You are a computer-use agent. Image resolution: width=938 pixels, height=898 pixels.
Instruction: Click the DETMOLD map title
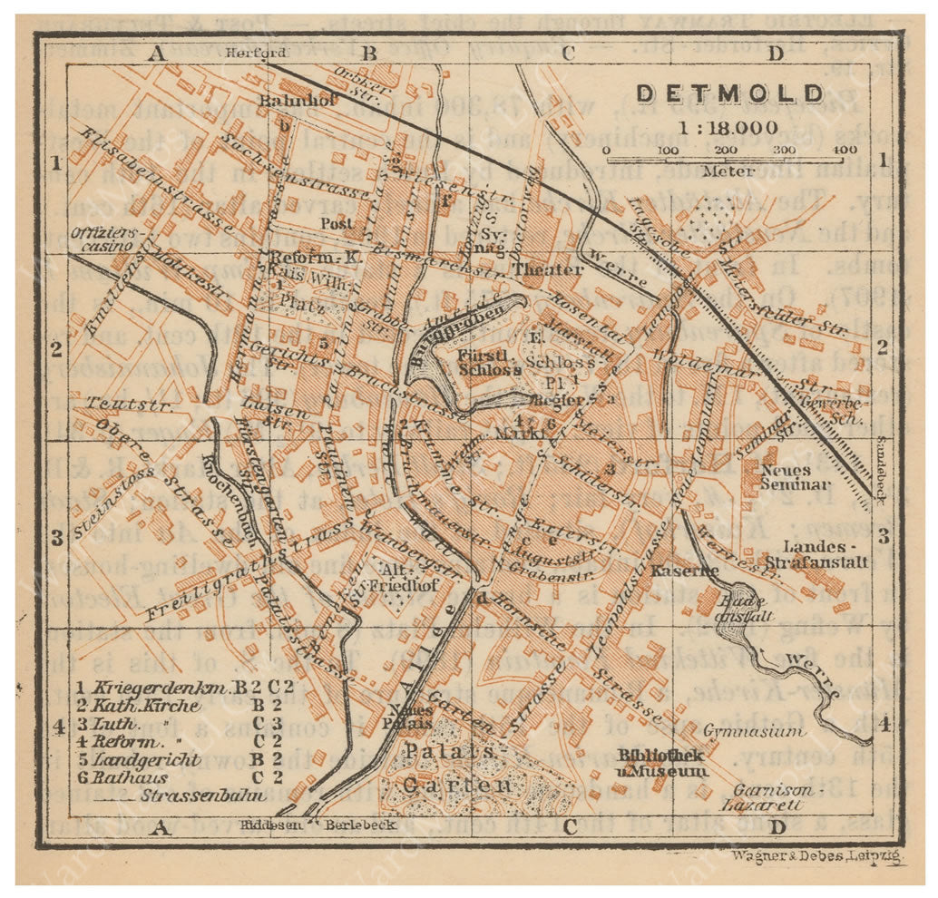729,94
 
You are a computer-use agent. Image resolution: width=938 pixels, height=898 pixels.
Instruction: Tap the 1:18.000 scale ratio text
729,127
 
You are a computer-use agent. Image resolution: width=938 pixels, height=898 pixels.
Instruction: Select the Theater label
548,269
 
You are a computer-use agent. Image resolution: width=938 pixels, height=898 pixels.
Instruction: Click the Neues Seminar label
786,476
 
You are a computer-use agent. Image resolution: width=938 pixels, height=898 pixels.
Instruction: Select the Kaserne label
671,571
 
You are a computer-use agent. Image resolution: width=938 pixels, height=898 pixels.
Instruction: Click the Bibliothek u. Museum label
661,763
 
